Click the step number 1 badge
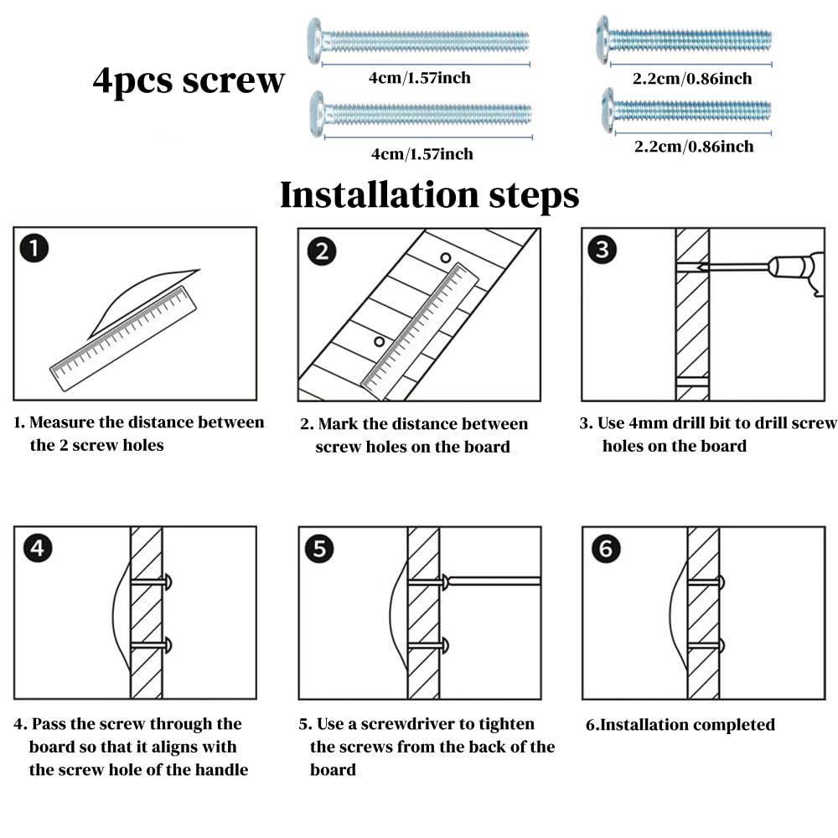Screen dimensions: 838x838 34,249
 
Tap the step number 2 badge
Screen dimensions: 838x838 322,251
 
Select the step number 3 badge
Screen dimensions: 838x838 603,250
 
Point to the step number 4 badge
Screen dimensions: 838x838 38,548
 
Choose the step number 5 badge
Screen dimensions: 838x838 319,549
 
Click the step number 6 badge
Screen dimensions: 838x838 606,548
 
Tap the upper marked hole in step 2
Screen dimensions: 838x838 445,258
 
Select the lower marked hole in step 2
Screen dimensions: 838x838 380,342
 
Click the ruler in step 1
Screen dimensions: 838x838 123,339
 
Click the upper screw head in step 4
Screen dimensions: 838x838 168,582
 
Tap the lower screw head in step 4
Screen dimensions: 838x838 168,645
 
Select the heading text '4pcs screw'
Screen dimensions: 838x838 188,81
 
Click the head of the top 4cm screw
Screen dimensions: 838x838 315,40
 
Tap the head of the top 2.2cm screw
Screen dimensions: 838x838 604,39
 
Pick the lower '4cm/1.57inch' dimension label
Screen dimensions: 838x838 422,154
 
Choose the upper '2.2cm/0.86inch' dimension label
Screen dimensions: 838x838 692,79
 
